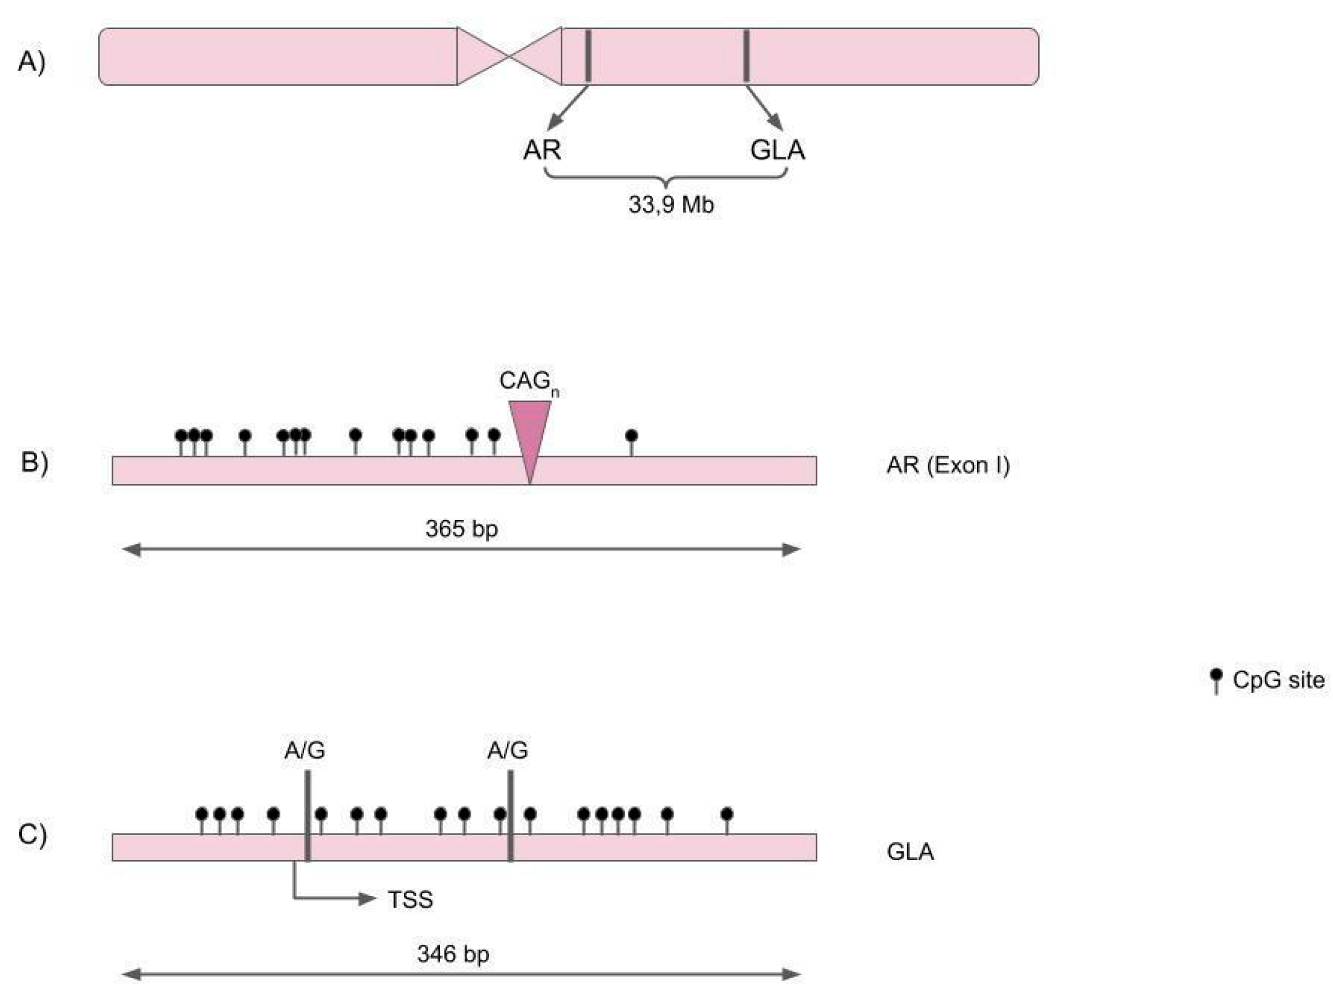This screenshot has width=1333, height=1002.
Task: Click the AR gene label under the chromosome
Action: (542, 150)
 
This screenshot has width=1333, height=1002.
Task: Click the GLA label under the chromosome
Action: (777, 150)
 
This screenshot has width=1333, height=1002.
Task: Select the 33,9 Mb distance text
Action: (671, 205)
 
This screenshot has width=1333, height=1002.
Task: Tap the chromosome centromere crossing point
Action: (509, 57)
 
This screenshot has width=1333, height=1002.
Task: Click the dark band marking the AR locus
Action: (588, 56)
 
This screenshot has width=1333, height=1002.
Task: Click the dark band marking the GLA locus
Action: (746, 56)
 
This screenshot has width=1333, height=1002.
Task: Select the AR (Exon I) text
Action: (947, 465)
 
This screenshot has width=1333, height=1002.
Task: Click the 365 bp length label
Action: (461, 528)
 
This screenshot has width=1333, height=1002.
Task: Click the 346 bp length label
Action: (453, 954)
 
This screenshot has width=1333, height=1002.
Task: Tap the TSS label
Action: (410, 900)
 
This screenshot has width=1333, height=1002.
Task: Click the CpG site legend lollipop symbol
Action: (1216, 680)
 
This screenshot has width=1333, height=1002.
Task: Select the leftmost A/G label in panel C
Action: (305, 750)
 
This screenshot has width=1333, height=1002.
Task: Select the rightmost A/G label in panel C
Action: (507, 750)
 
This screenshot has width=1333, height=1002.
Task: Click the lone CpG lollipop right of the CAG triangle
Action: (631, 437)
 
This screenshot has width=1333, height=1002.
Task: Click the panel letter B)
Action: (35, 462)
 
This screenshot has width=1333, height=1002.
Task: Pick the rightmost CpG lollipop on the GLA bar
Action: (727, 814)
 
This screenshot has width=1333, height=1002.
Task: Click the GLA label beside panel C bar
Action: (910, 852)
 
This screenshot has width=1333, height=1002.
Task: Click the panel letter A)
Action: (31, 62)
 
